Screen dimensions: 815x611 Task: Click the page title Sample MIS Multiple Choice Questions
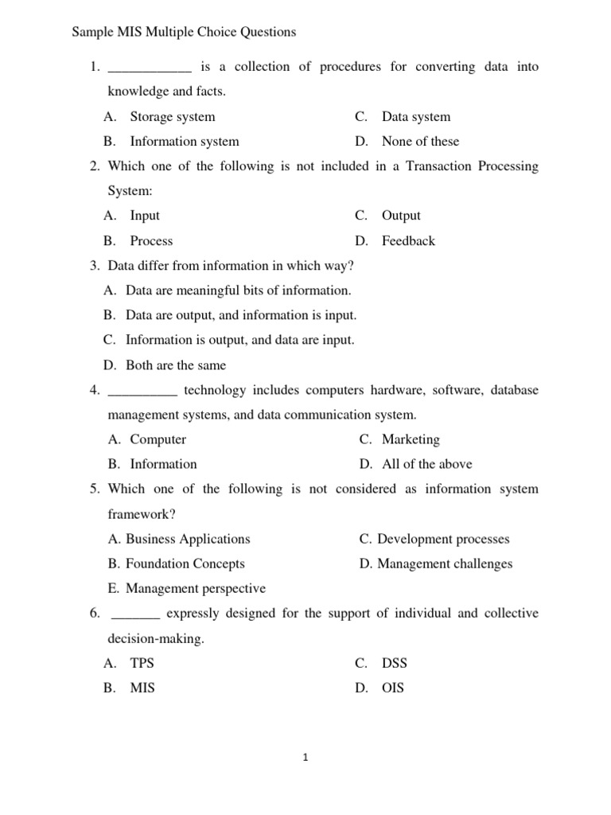(x=184, y=33)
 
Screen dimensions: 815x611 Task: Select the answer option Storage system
(x=172, y=117)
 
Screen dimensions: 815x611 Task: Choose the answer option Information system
(x=184, y=142)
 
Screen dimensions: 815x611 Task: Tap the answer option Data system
(x=415, y=117)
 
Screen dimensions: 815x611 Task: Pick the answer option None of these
(x=420, y=142)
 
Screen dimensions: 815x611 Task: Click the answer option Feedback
(x=408, y=241)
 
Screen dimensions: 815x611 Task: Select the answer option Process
(x=151, y=241)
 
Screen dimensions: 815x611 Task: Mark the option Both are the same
(x=175, y=366)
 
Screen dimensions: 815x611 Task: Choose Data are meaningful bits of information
(x=238, y=291)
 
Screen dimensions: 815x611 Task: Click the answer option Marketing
(x=411, y=439)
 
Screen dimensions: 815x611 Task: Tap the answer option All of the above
(x=426, y=464)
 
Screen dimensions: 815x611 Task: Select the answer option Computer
(x=158, y=439)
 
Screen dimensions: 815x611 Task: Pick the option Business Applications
(x=188, y=539)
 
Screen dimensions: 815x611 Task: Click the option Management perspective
(x=196, y=589)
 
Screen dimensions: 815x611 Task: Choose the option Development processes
(x=443, y=539)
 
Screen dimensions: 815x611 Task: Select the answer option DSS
(x=394, y=663)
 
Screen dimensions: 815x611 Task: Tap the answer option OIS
(x=392, y=688)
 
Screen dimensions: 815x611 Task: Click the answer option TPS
(x=142, y=663)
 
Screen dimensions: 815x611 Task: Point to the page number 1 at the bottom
(x=305, y=758)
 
